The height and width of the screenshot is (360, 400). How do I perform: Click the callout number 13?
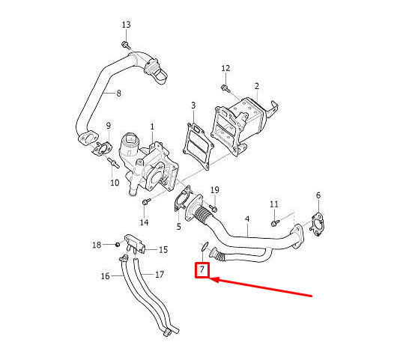click(126, 25)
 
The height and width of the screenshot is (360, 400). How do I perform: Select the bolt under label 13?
click(126, 46)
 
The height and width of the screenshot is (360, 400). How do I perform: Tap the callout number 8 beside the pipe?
click(118, 94)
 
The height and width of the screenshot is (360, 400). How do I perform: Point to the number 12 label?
click(225, 68)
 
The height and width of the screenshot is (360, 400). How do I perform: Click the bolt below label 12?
click(225, 88)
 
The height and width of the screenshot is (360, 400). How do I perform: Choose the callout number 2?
click(257, 86)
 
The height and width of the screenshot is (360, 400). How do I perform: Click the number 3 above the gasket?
click(193, 106)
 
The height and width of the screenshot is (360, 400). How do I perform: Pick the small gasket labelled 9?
click(103, 149)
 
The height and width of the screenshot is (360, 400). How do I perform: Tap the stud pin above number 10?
click(114, 162)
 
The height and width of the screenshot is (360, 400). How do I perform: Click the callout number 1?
click(152, 126)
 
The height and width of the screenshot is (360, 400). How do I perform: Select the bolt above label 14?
click(146, 201)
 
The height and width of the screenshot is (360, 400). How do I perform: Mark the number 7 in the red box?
click(202, 269)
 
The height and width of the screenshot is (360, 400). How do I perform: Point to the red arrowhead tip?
click(210, 278)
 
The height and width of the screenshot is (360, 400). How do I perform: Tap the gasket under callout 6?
click(317, 225)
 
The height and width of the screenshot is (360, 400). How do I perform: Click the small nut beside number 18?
click(118, 245)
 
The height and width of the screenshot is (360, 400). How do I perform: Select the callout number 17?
click(160, 275)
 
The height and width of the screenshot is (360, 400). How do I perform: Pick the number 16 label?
click(105, 276)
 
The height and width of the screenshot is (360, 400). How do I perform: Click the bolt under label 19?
click(213, 208)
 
